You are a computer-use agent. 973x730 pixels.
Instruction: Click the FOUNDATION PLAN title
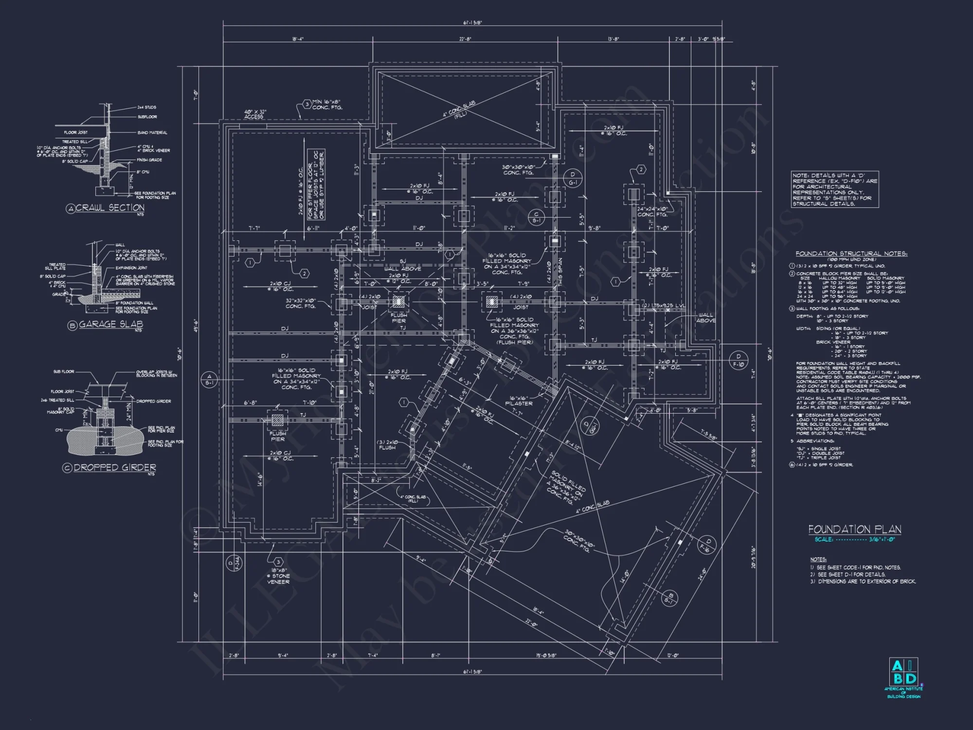coord(855,529)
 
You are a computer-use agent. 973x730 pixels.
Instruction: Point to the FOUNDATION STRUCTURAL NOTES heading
coord(851,254)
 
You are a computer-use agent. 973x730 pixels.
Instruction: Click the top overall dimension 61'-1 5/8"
coord(472,22)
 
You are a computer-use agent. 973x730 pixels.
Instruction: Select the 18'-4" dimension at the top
coord(298,39)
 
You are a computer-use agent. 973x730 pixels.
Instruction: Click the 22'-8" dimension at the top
coord(465,39)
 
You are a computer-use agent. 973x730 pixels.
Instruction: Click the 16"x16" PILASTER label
coord(519,401)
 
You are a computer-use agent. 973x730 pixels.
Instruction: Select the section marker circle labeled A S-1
coord(209,379)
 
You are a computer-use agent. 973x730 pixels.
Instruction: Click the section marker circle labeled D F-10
coord(738,360)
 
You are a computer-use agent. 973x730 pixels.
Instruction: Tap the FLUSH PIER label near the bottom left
coord(278,436)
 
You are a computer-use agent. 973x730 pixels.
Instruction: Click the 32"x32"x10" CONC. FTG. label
coord(301,303)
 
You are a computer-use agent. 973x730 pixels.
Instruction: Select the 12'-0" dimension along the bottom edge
coord(673,656)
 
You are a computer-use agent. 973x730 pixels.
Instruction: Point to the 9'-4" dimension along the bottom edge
coord(283,656)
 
